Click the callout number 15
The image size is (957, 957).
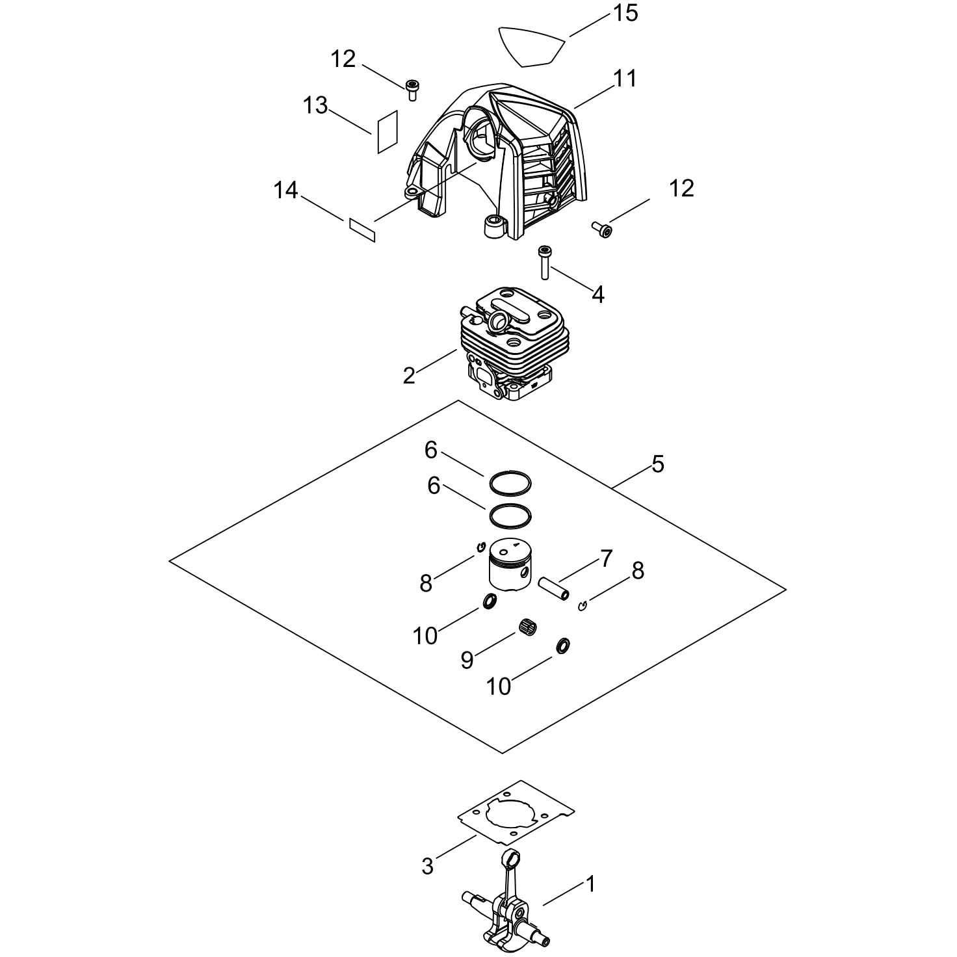[625, 14]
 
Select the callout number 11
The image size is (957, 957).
[625, 79]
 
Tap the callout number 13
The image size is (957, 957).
[315, 105]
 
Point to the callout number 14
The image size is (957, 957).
[286, 190]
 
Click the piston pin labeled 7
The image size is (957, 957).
[554, 588]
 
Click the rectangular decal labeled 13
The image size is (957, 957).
[388, 131]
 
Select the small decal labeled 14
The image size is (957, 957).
[363, 229]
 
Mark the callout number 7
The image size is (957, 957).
[607, 558]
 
